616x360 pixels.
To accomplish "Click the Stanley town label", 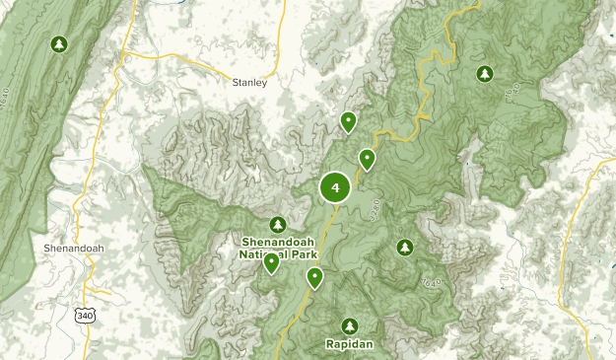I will point(249,83).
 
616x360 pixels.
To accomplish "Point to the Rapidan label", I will point(349,344).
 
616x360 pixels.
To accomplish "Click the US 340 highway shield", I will point(85,312).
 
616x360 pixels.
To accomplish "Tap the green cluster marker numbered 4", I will point(336,187).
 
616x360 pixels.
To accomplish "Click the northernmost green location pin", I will point(348,121).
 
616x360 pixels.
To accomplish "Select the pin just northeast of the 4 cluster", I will point(367,158).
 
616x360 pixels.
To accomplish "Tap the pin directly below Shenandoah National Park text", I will point(271,262).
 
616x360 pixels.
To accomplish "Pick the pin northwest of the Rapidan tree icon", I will point(314,277).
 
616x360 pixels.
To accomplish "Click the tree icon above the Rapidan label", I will point(349,325).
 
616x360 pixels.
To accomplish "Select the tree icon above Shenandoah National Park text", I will point(277,224).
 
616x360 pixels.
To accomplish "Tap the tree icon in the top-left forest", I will point(60,44).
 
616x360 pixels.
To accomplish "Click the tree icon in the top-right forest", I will point(484,73).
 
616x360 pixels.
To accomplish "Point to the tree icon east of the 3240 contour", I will point(404,247).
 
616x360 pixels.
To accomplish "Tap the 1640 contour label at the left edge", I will point(7,73).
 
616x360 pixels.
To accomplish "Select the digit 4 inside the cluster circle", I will point(336,187).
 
